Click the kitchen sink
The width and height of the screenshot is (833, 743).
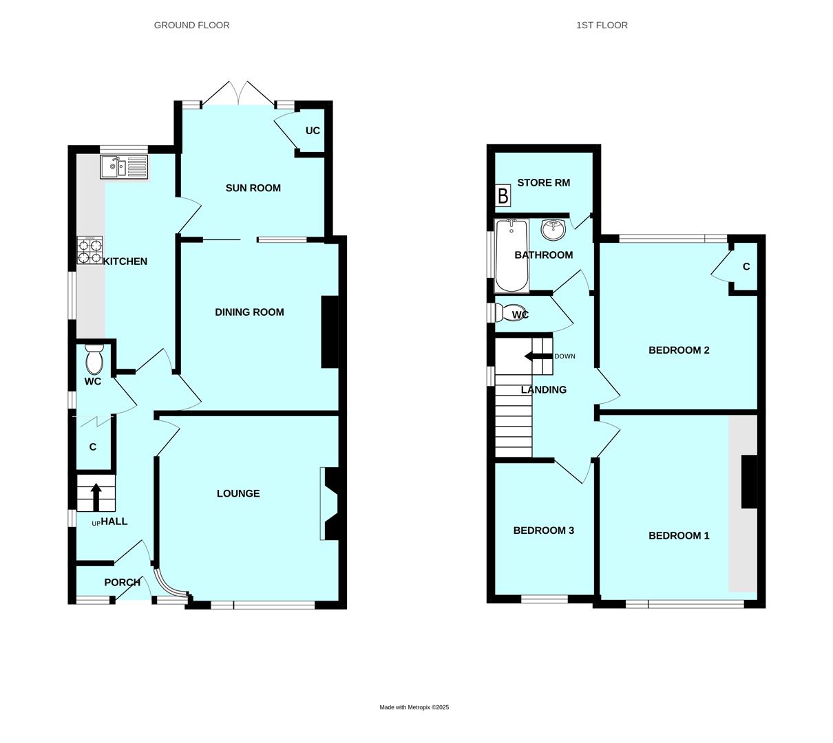pos(124,167)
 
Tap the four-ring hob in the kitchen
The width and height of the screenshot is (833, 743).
pos(89,250)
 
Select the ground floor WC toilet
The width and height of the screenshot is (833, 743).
pos(94,358)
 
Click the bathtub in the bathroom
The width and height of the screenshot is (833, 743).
pos(512,256)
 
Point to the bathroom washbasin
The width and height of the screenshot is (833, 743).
pos(553,229)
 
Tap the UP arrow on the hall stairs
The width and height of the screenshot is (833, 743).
pos(96,497)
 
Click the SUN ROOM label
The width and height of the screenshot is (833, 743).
pos(253,188)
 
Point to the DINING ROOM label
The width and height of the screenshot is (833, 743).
pos(249,312)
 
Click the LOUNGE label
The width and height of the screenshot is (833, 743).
pos(238,493)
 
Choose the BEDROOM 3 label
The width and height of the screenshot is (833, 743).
pos(543,530)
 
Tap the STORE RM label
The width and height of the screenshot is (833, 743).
pos(543,182)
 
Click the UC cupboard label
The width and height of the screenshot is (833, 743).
pos(313,130)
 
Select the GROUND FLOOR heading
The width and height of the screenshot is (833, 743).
pos(191,25)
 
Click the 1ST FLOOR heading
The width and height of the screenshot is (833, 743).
pos(602,25)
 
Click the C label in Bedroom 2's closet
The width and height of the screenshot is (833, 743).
pos(746,267)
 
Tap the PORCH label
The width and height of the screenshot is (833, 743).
pos(122,582)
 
